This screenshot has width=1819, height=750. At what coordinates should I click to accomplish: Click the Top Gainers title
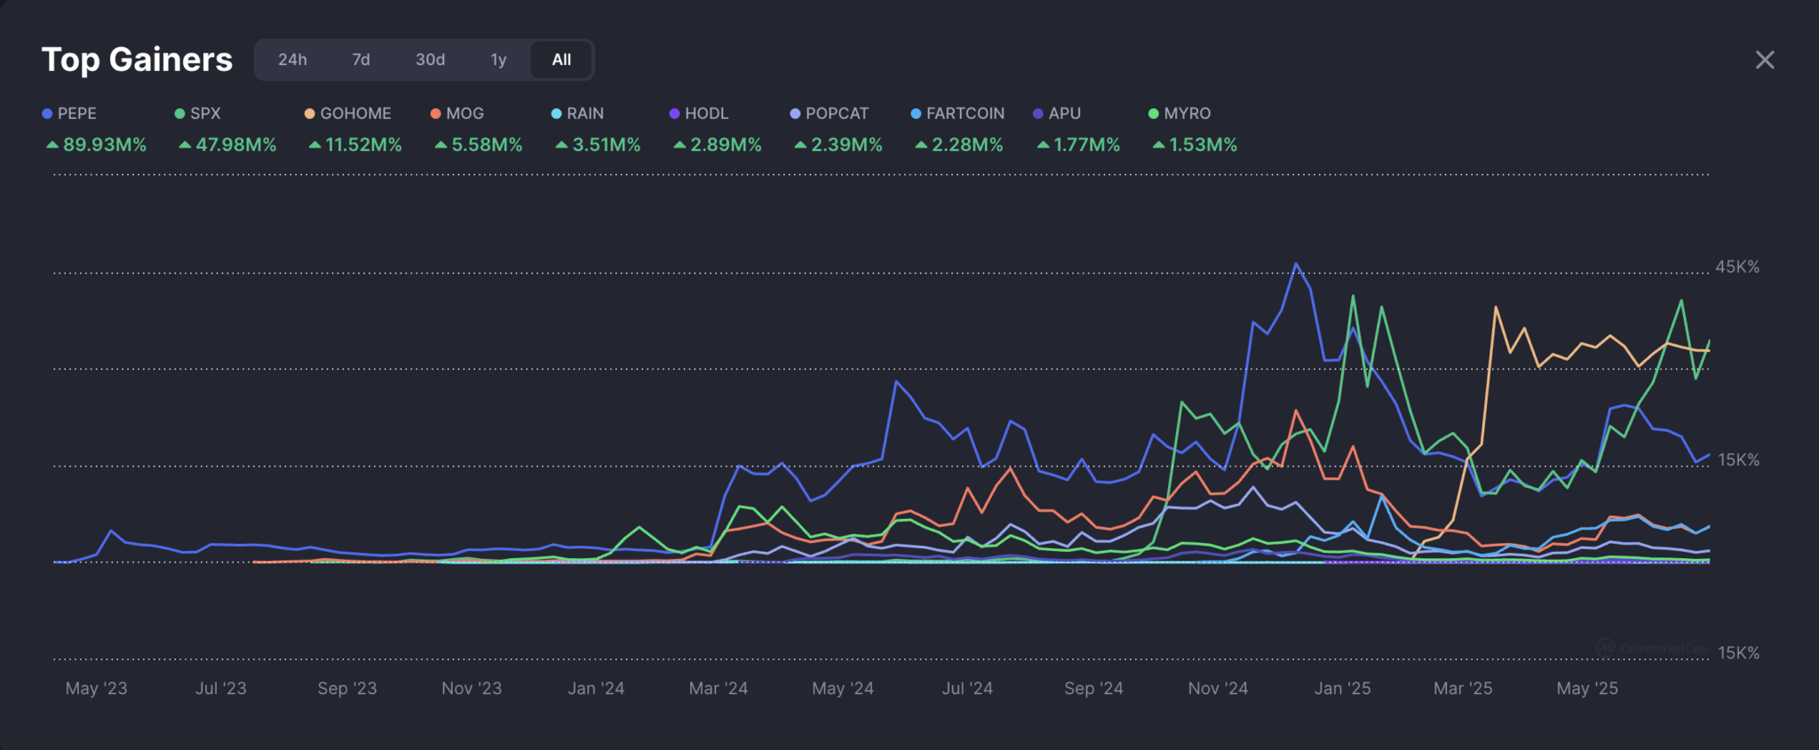(137, 60)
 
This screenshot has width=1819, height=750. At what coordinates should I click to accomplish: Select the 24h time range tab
(292, 60)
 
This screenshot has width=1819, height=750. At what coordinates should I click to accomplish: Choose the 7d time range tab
(361, 60)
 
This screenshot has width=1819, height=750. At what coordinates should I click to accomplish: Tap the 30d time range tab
(430, 60)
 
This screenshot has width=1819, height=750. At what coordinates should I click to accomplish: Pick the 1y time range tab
(498, 60)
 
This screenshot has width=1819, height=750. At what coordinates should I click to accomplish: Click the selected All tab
(561, 60)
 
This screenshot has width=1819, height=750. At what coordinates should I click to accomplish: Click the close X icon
(1764, 60)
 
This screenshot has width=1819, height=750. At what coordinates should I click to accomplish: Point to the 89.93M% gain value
(97, 145)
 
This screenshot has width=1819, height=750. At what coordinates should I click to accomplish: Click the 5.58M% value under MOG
(479, 145)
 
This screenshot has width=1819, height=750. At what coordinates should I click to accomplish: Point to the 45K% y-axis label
(1736, 267)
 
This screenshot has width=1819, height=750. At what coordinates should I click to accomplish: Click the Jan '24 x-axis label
(596, 689)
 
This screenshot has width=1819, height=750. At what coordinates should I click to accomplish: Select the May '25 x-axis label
(1587, 689)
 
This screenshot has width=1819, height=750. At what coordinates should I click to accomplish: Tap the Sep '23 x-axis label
(347, 689)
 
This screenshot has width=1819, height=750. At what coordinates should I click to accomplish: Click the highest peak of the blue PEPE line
(1296, 264)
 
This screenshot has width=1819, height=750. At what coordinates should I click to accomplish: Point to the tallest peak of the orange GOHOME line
(1496, 308)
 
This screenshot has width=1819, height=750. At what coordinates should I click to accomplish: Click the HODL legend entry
(699, 114)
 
